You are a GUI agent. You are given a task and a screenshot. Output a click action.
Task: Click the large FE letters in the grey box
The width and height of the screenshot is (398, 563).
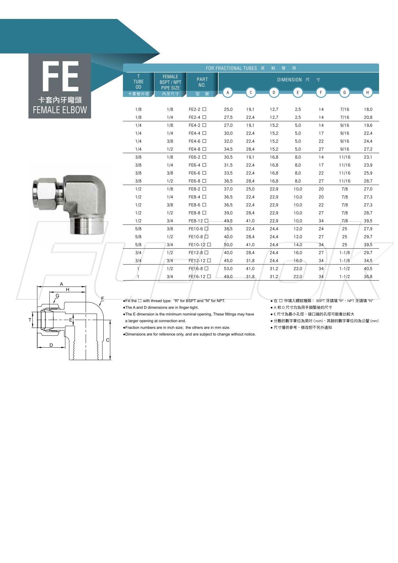[x=60, y=76]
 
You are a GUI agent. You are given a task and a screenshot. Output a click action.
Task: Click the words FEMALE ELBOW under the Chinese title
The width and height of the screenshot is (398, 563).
[x=60, y=110]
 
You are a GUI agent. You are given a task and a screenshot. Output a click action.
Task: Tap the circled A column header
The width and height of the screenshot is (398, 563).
[x=228, y=92]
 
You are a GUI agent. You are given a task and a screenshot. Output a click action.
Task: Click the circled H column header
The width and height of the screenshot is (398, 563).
[x=368, y=92]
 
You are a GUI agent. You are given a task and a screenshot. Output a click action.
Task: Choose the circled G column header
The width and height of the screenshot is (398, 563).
[x=344, y=92]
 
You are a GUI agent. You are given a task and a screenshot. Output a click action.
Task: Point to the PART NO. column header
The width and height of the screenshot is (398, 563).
[x=202, y=82]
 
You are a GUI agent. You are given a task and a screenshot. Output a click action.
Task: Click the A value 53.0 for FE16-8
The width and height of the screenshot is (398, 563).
[x=228, y=269]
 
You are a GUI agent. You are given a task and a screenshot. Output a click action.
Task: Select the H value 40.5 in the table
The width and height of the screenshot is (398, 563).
[x=368, y=269]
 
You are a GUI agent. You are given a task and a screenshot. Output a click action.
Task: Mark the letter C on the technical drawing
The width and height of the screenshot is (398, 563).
[x=108, y=340]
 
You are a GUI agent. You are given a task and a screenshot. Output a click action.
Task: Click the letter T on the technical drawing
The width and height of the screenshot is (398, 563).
[x=30, y=320]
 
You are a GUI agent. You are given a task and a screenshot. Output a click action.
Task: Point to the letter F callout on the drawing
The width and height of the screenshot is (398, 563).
[x=103, y=299]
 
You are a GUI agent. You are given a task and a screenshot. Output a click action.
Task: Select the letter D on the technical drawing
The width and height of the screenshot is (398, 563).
[x=51, y=345]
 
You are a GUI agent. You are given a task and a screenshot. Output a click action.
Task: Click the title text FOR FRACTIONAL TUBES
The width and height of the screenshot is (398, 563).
[x=231, y=68]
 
